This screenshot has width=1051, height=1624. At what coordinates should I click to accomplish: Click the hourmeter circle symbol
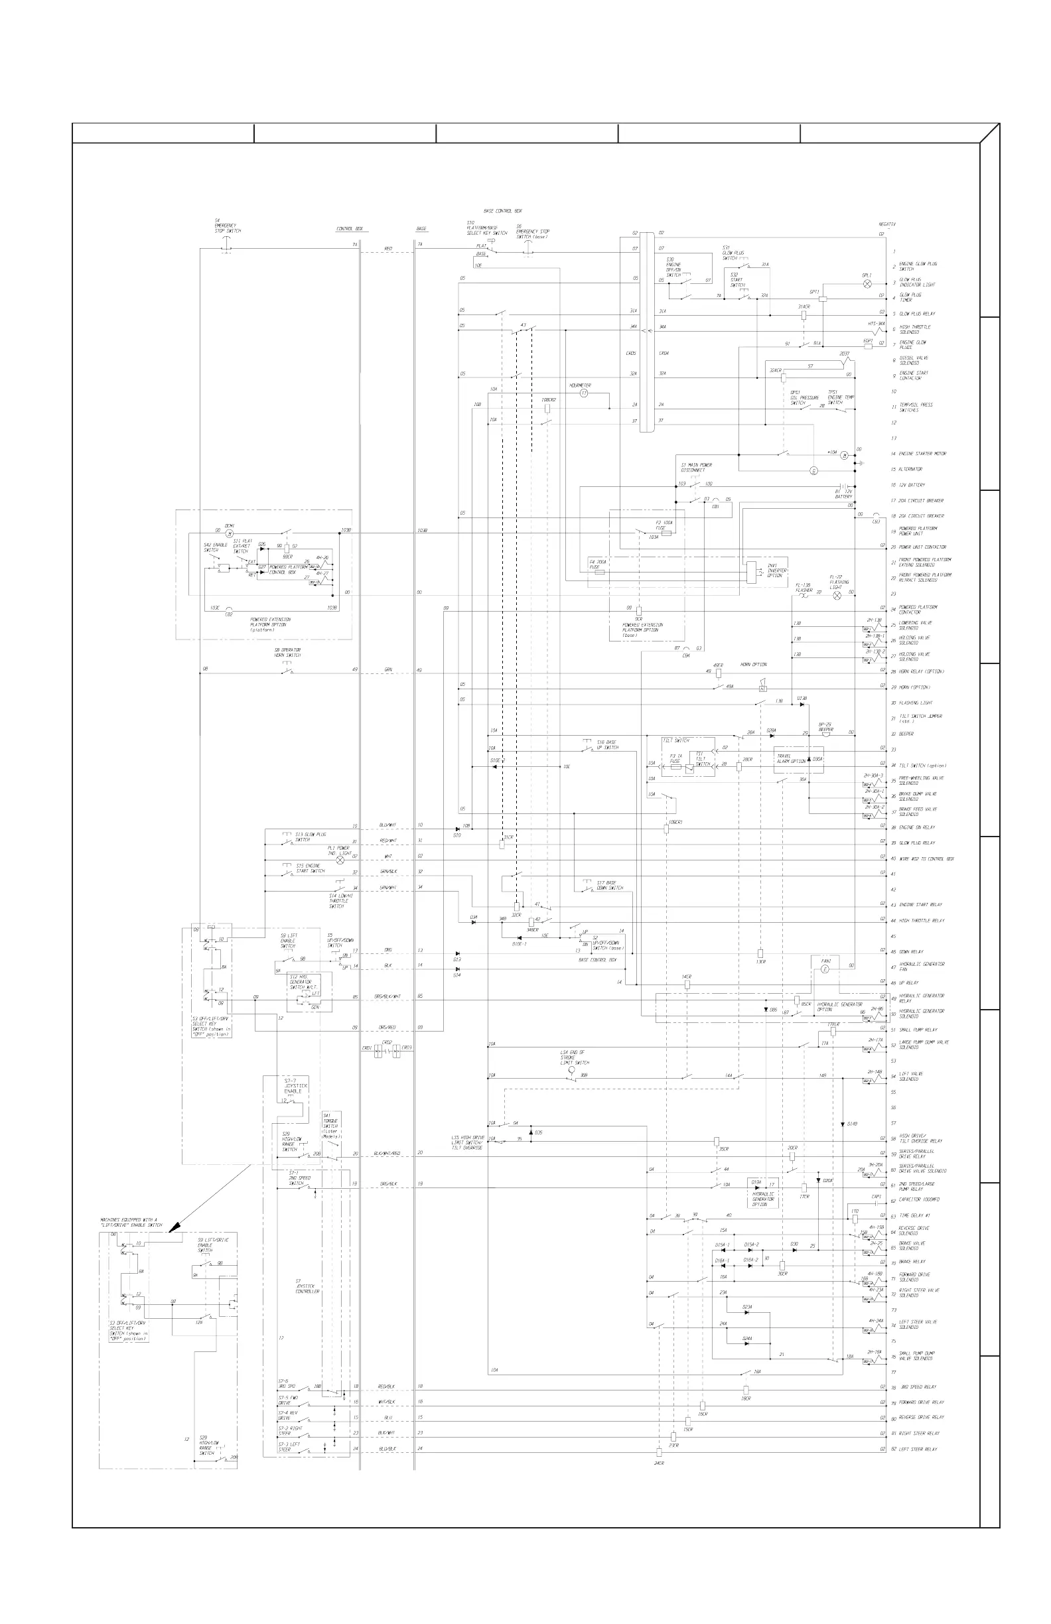pyautogui.click(x=583, y=393)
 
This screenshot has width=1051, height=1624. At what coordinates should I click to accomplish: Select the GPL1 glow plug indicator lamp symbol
pyautogui.click(x=867, y=283)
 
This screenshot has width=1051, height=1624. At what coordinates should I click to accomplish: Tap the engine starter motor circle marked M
pyautogui.click(x=844, y=455)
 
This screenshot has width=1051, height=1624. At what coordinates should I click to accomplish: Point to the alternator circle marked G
pyautogui.click(x=813, y=471)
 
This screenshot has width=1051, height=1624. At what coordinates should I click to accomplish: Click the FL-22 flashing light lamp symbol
pyautogui.click(x=837, y=595)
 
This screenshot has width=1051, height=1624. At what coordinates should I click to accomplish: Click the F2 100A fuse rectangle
pyautogui.click(x=666, y=532)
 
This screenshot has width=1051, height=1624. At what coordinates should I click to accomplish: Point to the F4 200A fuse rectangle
pyautogui.click(x=600, y=573)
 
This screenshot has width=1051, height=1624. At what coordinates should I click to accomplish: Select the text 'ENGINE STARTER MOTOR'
pyautogui.click(x=922, y=454)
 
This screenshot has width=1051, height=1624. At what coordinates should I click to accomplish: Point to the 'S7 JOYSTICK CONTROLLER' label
pyautogui.click(x=307, y=1286)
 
